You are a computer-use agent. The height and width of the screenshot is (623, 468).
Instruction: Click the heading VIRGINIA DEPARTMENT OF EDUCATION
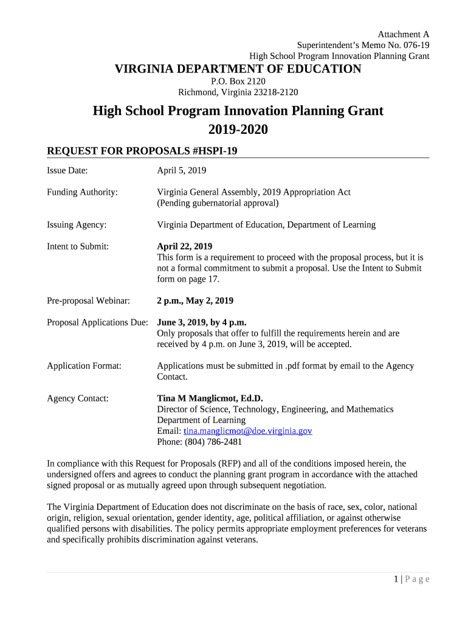pyautogui.click(x=238, y=69)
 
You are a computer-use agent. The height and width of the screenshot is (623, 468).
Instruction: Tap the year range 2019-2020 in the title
pyautogui.click(x=238, y=130)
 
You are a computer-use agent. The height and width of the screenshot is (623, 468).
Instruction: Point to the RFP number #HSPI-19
pyautogui.click(x=213, y=151)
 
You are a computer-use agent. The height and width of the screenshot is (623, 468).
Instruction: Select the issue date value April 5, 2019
pyautogui.click(x=182, y=170)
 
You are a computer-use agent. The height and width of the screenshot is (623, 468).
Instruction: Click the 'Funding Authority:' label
pyautogui.click(x=82, y=192)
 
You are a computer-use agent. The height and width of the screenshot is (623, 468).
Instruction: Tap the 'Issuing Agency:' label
pyautogui.click(x=77, y=224)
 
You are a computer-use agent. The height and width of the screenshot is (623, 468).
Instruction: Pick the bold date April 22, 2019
pyautogui.click(x=185, y=246)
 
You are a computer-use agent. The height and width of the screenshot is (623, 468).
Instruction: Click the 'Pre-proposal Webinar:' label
pyautogui.click(x=88, y=301)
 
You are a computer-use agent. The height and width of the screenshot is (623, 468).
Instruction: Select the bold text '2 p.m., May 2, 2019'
pyautogui.click(x=195, y=301)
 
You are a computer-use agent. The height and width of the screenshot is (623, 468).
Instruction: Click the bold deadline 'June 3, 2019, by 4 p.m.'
pyautogui.click(x=202, y=322)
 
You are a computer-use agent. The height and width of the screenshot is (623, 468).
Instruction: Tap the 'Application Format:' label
pyautogui.click(x=84, y=366)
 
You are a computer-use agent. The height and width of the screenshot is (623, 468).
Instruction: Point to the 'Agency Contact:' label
pyautogui.click(x=78, y=399)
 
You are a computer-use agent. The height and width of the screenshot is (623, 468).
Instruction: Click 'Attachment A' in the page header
pyautogui.click(x=404, y=34)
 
